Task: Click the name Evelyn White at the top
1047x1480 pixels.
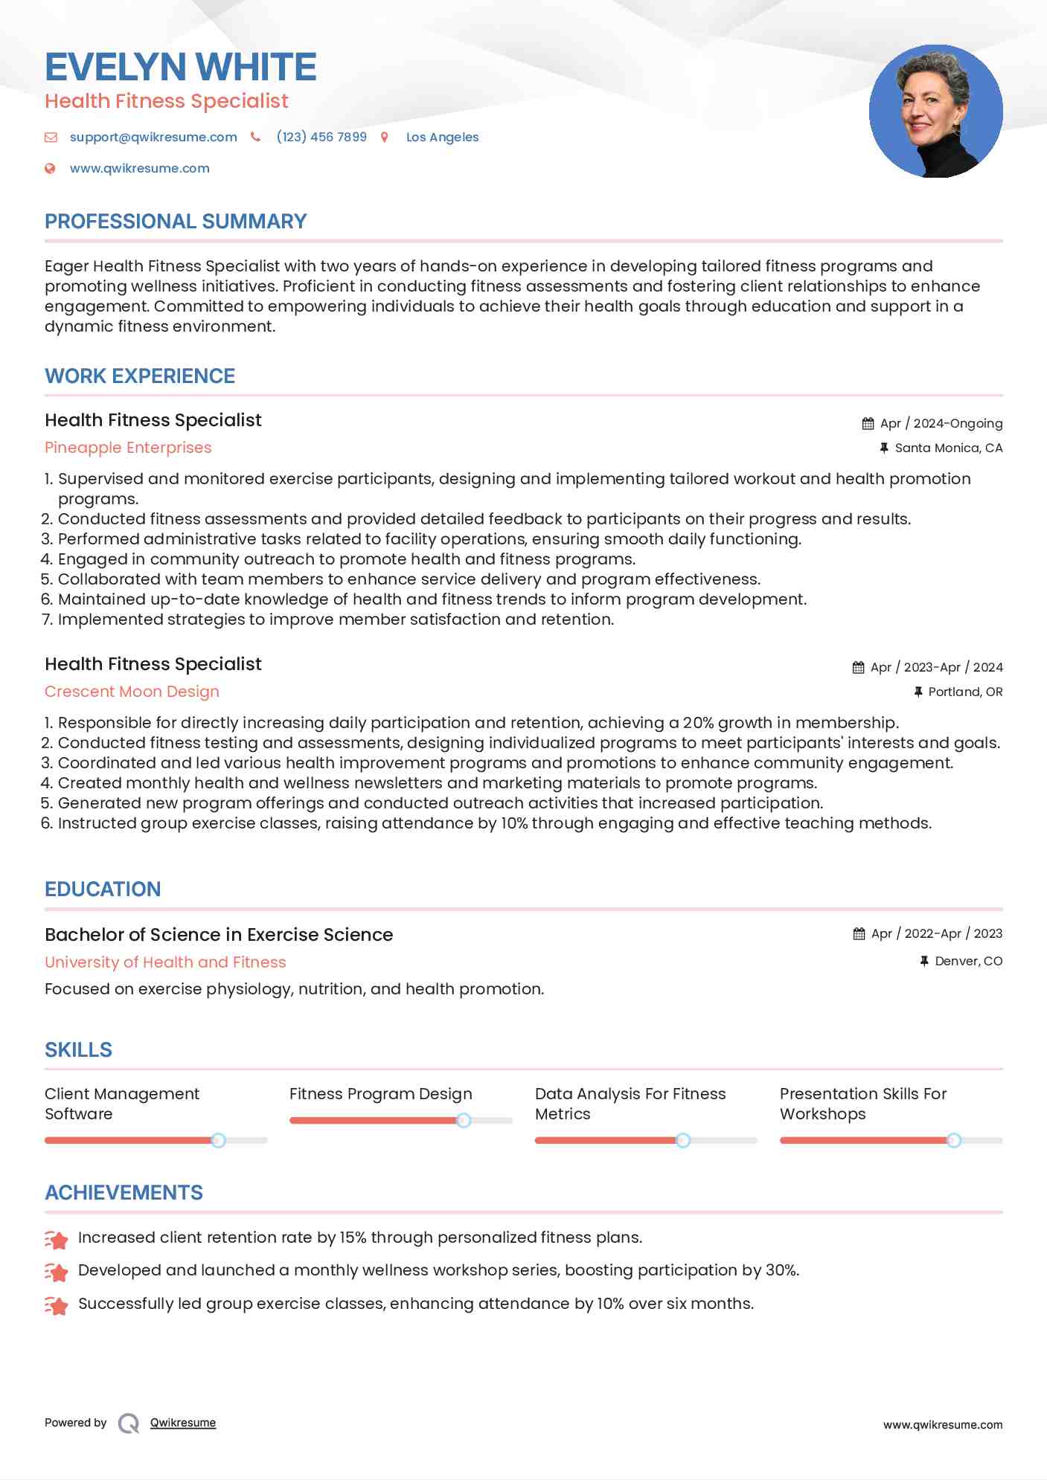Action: [181, 67]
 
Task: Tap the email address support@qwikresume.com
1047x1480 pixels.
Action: [153, 137]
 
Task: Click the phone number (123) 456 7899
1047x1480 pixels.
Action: [321, 137]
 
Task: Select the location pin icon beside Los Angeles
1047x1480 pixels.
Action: [385, 137]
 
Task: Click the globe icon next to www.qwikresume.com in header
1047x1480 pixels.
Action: [50, 168]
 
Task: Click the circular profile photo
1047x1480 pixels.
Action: [935, 112]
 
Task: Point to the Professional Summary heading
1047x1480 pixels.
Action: [176, 222]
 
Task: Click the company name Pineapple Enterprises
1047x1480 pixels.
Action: [128, 448]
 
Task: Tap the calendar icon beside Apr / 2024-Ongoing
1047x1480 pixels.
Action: [868, 423]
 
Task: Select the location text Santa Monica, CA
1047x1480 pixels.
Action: [949, 448]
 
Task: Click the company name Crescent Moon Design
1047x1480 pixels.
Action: [132, 692]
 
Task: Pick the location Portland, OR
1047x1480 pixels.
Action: [965, 692]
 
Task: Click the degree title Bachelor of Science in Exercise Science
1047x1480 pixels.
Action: [219, 935]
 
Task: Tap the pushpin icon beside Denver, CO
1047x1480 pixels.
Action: [923, 961]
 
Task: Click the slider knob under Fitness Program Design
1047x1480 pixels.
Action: [464, 1120]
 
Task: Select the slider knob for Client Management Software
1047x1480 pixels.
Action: [218, 1140]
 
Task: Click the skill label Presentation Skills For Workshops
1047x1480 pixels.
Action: [863, 1104]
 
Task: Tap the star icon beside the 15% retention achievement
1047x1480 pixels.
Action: [57, 1239]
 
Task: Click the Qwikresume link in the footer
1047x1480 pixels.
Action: [183, 1423]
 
